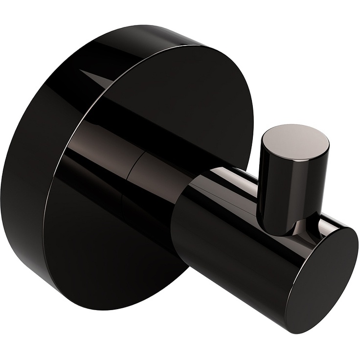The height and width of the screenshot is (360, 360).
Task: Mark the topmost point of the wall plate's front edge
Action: (205, 46)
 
